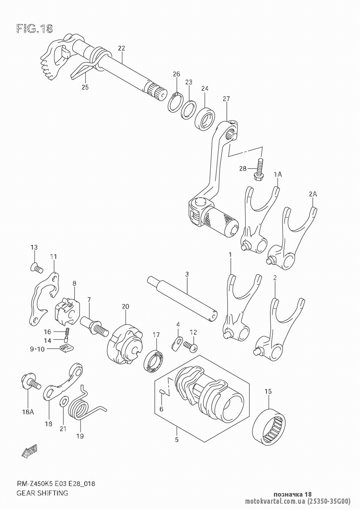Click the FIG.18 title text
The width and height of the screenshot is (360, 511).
[35, 29]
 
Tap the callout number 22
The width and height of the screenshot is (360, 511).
[122, 48]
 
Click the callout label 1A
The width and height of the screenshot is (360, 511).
[278, 175]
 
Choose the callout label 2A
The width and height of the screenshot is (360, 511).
[313, 194]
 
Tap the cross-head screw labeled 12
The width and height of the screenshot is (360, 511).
[190, 347]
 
